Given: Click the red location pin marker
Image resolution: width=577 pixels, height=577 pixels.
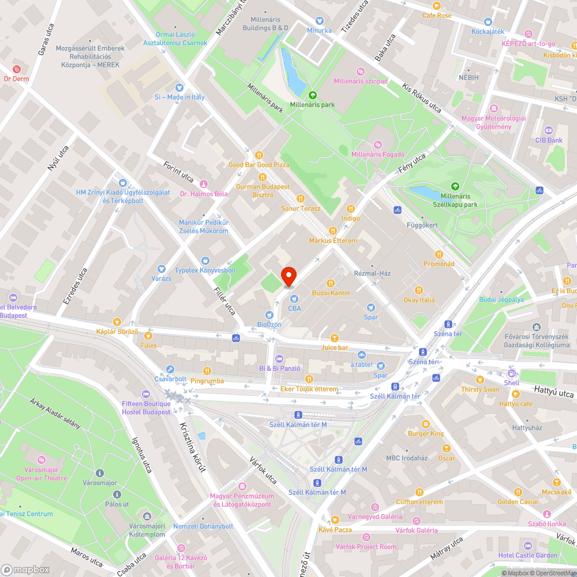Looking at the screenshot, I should click(288, 276).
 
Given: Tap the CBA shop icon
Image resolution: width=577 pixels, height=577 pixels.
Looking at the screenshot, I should click(294, 299).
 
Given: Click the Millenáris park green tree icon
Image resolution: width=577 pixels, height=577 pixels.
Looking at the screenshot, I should click(312, 95).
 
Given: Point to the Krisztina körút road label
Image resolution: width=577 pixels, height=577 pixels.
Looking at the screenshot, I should click(192, 447).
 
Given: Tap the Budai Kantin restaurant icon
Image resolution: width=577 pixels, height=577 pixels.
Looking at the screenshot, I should click(331, 283).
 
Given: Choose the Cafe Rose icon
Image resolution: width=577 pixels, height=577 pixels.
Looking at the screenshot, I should click(437, 5).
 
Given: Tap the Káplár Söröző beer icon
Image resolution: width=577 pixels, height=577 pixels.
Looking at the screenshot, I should click(117, 322).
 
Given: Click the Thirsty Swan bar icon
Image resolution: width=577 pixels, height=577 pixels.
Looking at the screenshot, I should click(479, 380).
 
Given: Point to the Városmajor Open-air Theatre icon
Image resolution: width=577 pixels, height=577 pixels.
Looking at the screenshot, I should click(42, 460).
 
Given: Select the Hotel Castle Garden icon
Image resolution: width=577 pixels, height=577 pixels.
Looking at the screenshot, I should click(527, 545).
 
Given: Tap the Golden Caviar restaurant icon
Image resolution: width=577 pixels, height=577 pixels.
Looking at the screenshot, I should click(518, 492).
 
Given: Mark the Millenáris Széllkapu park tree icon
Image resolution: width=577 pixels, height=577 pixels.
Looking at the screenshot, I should click(455, 186).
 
